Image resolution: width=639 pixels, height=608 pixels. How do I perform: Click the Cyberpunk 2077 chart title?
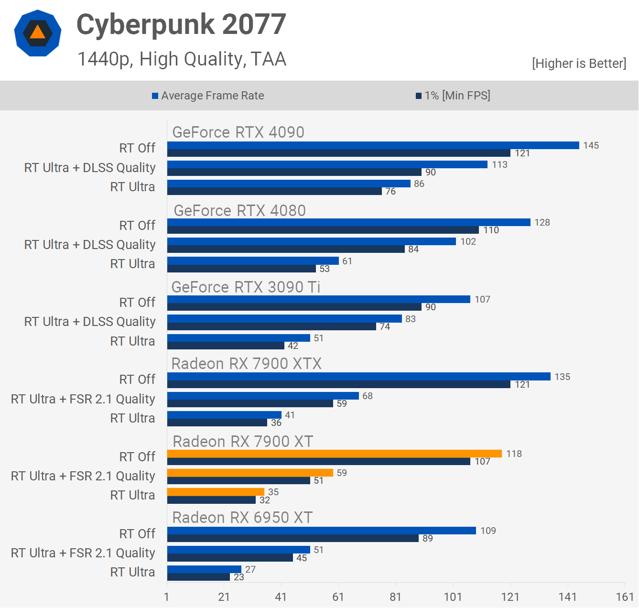coord(181,24)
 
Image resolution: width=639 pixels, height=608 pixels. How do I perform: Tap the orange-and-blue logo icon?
coord(38,33)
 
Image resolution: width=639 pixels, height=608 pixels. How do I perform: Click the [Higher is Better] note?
coord(579,64)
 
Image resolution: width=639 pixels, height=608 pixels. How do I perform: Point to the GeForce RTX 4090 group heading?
coord(238,132)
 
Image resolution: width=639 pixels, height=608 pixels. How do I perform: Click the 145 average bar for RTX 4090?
coord(373,145)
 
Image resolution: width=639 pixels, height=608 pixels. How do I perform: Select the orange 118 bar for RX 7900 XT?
coord(335,454)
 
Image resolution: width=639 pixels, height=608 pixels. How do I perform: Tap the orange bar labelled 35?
coord(216,492)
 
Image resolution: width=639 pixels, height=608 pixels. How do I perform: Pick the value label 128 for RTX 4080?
coord(542,222)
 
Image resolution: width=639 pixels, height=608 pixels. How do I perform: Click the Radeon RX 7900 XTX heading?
coord(246,364)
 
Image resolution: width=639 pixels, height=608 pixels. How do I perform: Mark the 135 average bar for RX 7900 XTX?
coord(358,377)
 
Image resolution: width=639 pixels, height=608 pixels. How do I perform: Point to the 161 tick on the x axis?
coord(625,597)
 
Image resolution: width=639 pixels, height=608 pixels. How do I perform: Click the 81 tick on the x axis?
coord(395,597)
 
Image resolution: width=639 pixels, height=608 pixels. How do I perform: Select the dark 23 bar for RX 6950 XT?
coord(198,577)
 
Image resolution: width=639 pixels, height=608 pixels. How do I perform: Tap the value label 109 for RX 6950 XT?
coord(488,531)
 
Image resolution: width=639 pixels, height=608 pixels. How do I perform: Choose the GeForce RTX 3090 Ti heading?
coord(246,287)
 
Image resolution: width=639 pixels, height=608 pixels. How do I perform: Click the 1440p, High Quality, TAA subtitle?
coord(182,59)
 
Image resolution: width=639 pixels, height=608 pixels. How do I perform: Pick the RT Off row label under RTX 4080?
coord(137,225)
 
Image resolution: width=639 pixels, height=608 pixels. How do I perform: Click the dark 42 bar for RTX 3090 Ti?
coord(226,346)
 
